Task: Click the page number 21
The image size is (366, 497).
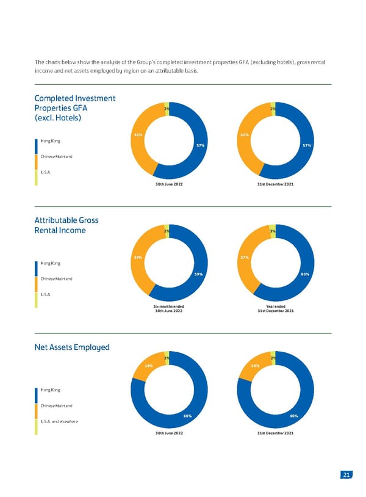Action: (x=346, y=475)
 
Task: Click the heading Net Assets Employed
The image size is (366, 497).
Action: (x=72, y=347)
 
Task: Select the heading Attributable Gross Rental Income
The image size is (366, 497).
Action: (x=66, y=225)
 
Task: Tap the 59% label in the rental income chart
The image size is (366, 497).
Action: (x=198, y=274)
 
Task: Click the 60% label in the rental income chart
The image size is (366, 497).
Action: (x=305, y=274)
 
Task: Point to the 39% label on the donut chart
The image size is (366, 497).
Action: (x=138, y=257)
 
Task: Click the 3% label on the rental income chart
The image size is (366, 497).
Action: (x=273, y=231)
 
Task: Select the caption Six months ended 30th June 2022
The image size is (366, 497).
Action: (x=168, y=308)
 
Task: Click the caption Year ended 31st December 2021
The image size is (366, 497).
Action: (x=276, y=308)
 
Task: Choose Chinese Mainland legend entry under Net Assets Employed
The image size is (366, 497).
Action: (x=57, y=405)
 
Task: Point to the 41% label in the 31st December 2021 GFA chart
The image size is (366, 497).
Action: (x=244, y=134)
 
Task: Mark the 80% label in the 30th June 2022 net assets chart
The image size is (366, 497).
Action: (x=188, y=416)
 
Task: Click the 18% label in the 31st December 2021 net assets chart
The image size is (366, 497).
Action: (x=255, y=366)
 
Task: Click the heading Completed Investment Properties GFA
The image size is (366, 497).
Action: (x=74, y=107)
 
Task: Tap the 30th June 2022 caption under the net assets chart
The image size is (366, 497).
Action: (x=169, y=433)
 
